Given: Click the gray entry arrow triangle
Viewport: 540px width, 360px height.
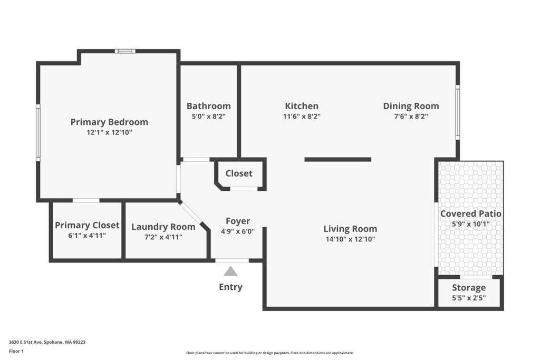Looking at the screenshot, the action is tap(230, 271).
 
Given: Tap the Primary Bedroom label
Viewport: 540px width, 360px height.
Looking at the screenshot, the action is tap(109, 122).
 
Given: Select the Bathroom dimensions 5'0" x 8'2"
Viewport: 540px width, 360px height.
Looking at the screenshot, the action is tap(209, 116).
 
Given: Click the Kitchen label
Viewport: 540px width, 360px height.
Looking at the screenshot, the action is tap(302, 106).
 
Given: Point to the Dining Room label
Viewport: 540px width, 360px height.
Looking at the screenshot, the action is tap(411, 106).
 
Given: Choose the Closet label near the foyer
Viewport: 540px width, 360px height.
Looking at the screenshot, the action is tap(239, 173).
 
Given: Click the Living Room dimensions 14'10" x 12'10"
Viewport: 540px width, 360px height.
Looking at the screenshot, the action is tap(350, 239).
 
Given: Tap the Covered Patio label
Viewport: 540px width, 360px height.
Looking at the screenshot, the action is tap(471, 213).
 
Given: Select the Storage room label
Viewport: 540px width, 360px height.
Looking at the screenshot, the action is tap(469, 288).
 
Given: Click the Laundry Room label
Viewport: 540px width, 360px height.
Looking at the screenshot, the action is tap(163, 227).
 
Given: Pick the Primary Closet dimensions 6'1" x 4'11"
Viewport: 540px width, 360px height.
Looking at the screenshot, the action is tap(87, 236).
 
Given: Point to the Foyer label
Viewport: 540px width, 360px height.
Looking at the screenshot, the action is tap(238, 221).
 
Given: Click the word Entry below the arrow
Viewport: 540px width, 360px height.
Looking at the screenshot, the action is tap(231, 287).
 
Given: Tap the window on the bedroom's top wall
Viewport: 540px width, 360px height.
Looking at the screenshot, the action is tap(125, 51).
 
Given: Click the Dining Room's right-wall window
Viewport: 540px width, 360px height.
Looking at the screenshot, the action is tap(458, 112).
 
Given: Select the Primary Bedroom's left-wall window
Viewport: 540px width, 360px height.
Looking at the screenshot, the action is tap(38, 132).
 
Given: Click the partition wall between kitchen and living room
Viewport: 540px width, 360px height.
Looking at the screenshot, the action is tap(338, 159).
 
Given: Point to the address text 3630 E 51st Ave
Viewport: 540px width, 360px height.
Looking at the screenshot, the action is tap(25, 342).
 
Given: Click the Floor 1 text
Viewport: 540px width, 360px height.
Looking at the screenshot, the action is tap(16, 351).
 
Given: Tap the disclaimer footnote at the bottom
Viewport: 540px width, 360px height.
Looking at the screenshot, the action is tap(270, 353).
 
